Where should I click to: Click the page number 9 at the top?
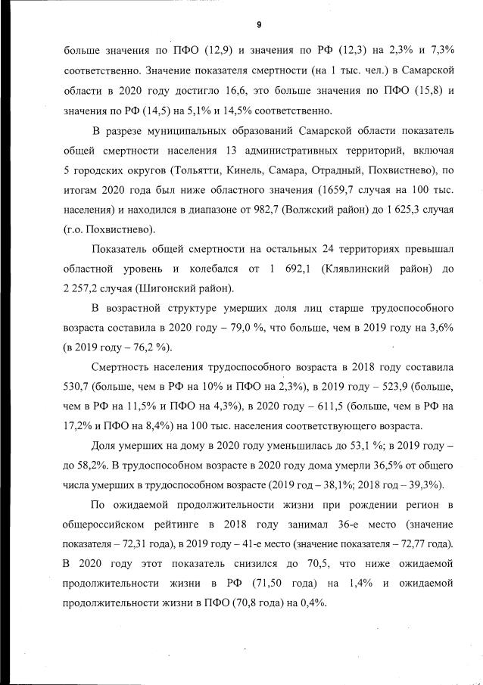[x=259, y=25]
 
